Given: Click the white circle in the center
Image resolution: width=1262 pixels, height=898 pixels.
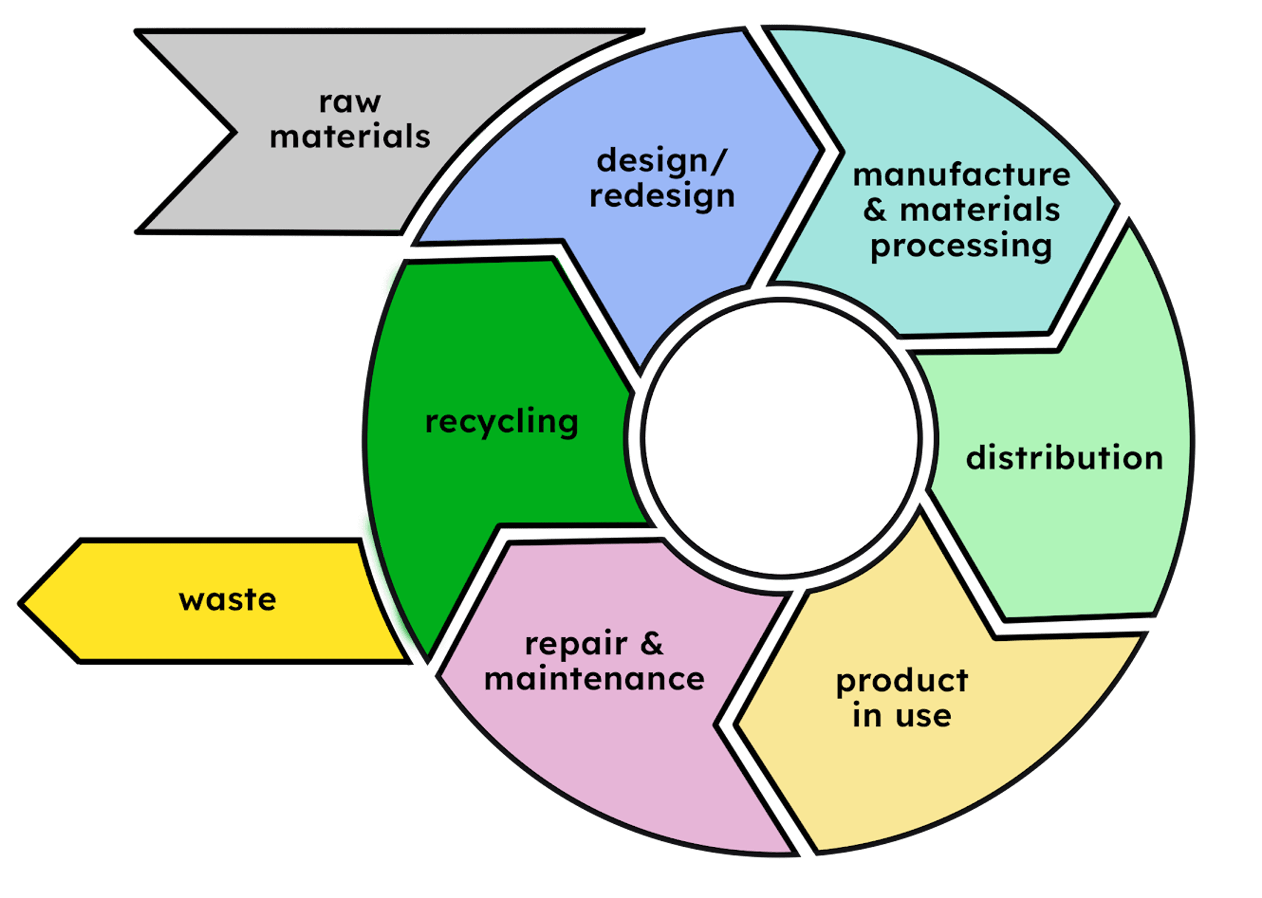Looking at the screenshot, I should pyautogui.click(x=781, y=437).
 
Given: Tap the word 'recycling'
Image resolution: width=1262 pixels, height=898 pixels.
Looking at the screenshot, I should pyautogui.click(x=502, y=422).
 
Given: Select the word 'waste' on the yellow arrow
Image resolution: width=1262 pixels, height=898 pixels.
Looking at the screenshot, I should pyautogui.click(x=227, y=600).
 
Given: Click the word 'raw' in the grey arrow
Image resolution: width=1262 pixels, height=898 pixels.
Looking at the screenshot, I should pyautogui.click(x=350, y=102).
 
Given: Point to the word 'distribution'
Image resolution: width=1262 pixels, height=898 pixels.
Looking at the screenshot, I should pyautogui.click(x=1064, y=458).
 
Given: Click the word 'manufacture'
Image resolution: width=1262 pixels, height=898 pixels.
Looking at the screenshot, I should pyautogui.click(x=961, y=175).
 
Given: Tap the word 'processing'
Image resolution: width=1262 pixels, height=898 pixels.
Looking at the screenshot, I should pyautogui.click(x=961, y=246).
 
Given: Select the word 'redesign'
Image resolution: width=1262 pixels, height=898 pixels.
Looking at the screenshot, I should pyautogui.click(x=662, y=196).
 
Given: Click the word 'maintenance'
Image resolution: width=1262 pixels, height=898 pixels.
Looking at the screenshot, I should pyautogui.click(x=594, y=679).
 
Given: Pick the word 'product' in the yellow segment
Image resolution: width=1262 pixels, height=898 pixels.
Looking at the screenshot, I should pyautogui.click(x=902, y=681).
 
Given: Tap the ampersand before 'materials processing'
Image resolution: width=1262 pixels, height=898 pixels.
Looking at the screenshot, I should pyautogui.click(x=875, y=210).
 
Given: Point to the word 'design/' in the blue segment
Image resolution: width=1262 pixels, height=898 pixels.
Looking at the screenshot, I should pyautogui.click(x=662, y=161).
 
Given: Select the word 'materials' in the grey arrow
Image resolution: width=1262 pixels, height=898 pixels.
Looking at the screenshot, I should pyautogui.click(x=350, y=137).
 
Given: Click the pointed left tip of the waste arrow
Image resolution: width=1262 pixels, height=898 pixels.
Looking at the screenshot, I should pyautogui.click(x=24, y=603).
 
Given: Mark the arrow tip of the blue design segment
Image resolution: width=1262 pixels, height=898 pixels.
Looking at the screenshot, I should pyautogui.click(x=819, y=150).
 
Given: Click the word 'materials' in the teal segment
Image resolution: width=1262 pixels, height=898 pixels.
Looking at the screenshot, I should pyautogui.click(x=980, y=210).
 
